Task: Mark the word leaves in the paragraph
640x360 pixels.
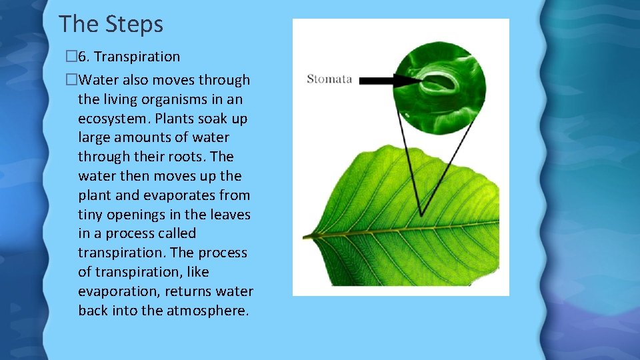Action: coord(229,215)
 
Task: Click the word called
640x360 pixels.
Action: coord(177,234)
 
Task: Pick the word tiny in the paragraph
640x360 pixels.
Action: coord(90,215)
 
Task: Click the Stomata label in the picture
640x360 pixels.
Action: coord(329,79)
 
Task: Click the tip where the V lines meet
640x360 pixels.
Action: coord(421,215)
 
